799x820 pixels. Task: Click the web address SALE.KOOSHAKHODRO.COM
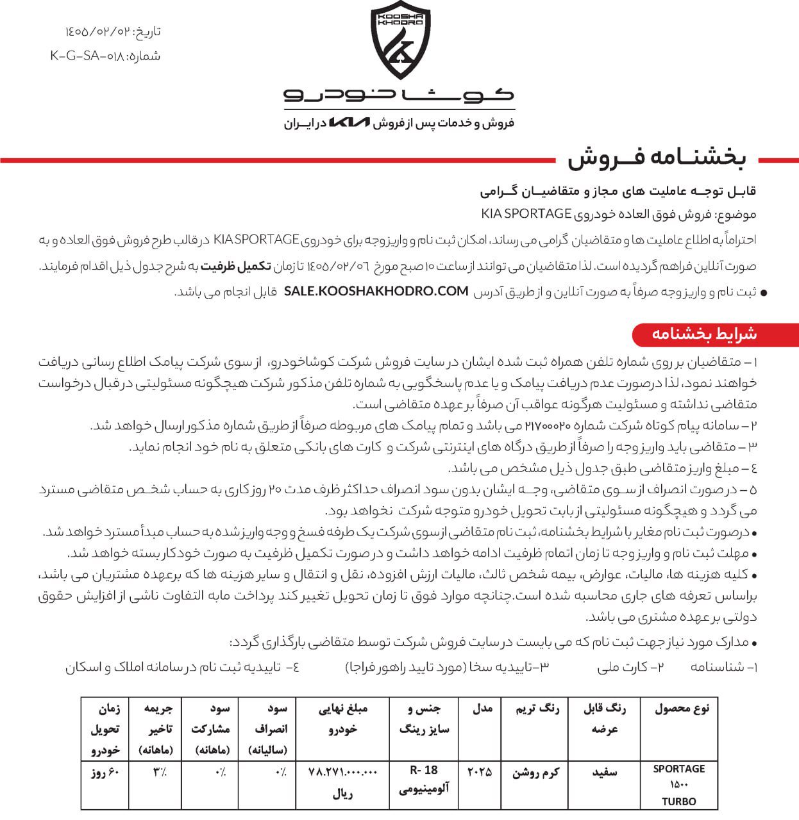[x=376, y=291]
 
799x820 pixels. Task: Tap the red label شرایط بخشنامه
[x=704, y=334]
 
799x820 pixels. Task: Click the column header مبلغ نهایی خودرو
[x=343, y=719]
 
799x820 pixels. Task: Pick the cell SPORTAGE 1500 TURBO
[x=679, y=785]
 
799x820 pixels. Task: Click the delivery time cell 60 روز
[x=105, y=773]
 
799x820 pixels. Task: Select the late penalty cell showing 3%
[x=158, y=773]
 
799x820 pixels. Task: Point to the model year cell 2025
[x=480, y=772]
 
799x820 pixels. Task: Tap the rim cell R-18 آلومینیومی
[x=424, y=780]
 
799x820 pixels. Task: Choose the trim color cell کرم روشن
[x=535, y=773]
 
